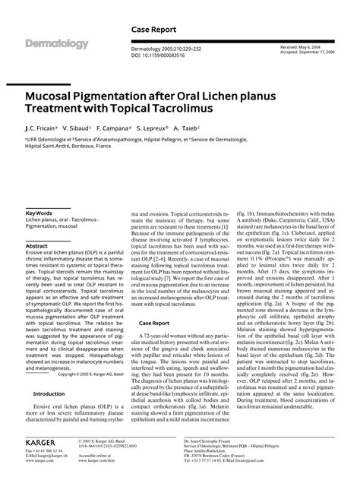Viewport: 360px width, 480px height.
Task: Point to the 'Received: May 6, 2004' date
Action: pyautogui.click(x=298, y=47)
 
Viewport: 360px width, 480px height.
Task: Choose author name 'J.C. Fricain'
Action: pyautogui.click(x=43, y=129)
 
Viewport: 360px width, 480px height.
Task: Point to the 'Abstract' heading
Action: pyautogui.click(x=37, y=246)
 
